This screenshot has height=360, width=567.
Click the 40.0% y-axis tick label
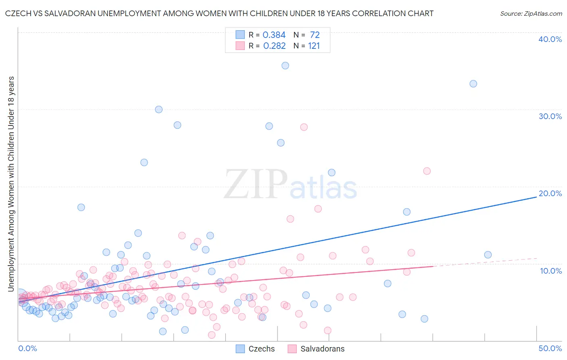tap(550, 39)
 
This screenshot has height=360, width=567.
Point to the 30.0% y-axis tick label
tap(550, 116)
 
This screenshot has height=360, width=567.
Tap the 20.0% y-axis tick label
tap(550, 193)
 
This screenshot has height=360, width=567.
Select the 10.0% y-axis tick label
tap(550, 271)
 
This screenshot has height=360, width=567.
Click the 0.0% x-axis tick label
tap(27, 348)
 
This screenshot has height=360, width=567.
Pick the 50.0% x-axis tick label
tap(550, 348)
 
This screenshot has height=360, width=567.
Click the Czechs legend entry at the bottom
tap(255, 349)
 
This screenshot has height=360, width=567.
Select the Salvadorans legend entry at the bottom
tap(316, 349)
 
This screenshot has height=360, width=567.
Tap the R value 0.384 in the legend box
tap(274, 35)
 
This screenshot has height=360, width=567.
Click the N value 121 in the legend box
tap(314, 46)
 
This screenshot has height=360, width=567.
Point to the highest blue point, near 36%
tap(285, 65)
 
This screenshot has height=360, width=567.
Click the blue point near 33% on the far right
tap(473, 84)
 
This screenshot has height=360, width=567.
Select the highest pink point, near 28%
tap(304, 127)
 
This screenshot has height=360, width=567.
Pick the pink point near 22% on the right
tap(427, 171)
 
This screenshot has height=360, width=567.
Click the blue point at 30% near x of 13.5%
tap(159, 109)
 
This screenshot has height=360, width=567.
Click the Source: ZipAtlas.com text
tap(531, 14)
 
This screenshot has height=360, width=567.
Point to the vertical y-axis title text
tap(11, 184)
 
